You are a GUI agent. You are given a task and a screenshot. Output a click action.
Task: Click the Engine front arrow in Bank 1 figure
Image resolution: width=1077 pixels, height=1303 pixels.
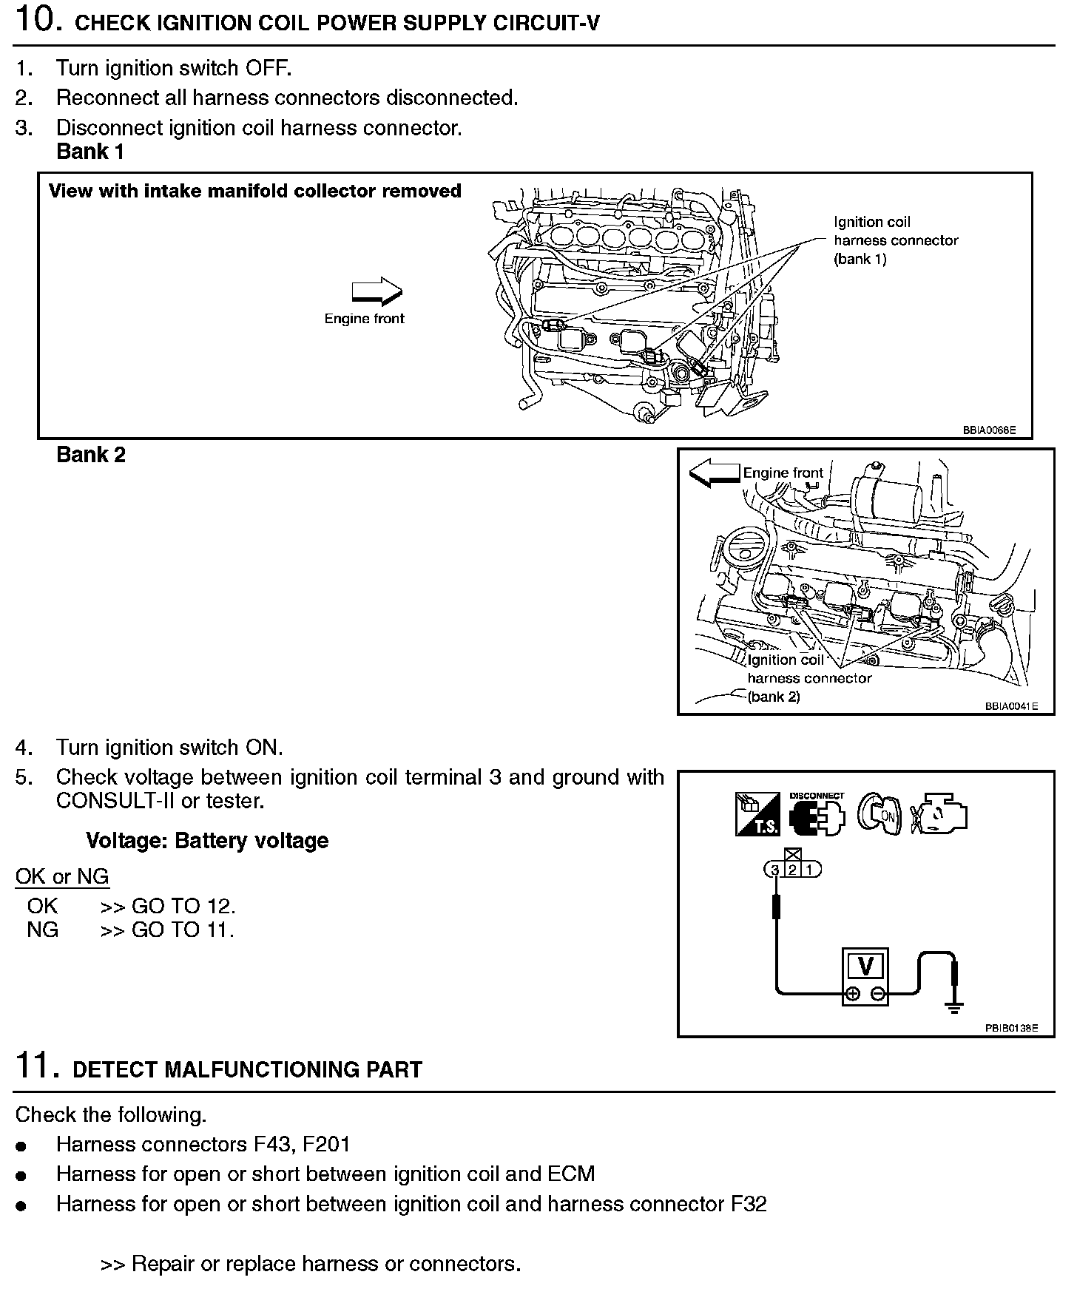coord(377,292)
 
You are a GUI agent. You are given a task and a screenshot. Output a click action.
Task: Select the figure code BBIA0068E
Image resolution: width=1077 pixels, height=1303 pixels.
coord(989,430)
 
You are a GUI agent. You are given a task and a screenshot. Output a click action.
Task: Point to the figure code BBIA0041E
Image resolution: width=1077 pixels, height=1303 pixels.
coord(1011,706)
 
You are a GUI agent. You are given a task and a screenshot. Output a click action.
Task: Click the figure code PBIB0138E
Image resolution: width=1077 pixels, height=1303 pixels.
coord(1011,1028)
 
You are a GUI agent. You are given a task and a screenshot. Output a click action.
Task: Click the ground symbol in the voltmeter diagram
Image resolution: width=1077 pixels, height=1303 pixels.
coord(955,1006)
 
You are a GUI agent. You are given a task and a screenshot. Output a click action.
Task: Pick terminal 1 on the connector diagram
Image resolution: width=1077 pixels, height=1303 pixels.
coord(809,870)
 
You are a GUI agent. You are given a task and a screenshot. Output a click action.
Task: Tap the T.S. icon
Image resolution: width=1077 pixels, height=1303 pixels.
coord(757,814)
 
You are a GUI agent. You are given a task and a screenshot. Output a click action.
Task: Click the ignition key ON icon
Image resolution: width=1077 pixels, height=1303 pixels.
coord(880,814)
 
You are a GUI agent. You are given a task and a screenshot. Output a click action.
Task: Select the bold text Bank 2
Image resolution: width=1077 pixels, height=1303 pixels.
coord(91,455)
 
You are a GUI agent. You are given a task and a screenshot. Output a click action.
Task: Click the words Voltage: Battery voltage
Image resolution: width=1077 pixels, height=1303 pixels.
coord(207,841)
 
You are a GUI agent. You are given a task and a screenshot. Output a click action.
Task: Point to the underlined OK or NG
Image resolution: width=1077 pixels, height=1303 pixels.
coord(62,877)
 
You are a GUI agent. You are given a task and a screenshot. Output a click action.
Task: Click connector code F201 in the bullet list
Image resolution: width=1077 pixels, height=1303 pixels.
coord(326,1145)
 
